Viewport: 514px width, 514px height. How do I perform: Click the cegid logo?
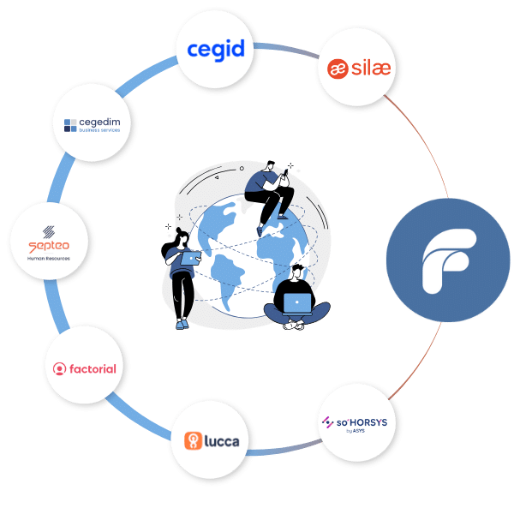coord(216,50)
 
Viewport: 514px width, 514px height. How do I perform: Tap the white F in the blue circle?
coord(449,257)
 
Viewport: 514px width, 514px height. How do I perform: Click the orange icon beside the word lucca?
coord(193,442)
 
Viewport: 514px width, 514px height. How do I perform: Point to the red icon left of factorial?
coord(59,369)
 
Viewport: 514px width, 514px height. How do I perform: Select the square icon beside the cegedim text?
coord(69,126)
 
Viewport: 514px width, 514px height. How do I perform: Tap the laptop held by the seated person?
coord(297,303)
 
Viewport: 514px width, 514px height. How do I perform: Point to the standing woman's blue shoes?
coord(181,324)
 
